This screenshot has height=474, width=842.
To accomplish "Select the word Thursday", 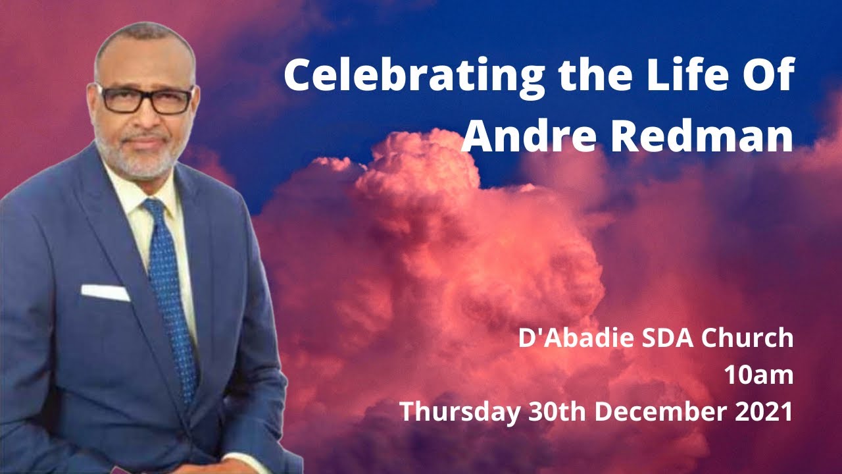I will click(460, 411).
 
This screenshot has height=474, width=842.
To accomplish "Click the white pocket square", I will click(105, 292).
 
